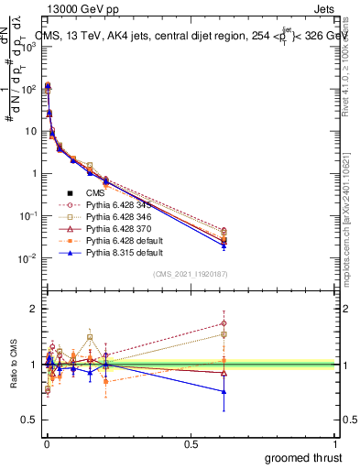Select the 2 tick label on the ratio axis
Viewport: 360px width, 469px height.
pos(33,309)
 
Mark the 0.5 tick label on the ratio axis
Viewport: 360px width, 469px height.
pos(29,420)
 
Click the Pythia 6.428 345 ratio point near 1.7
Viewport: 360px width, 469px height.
pos(326,323)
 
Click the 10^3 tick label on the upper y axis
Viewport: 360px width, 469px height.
pos(30,47)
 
